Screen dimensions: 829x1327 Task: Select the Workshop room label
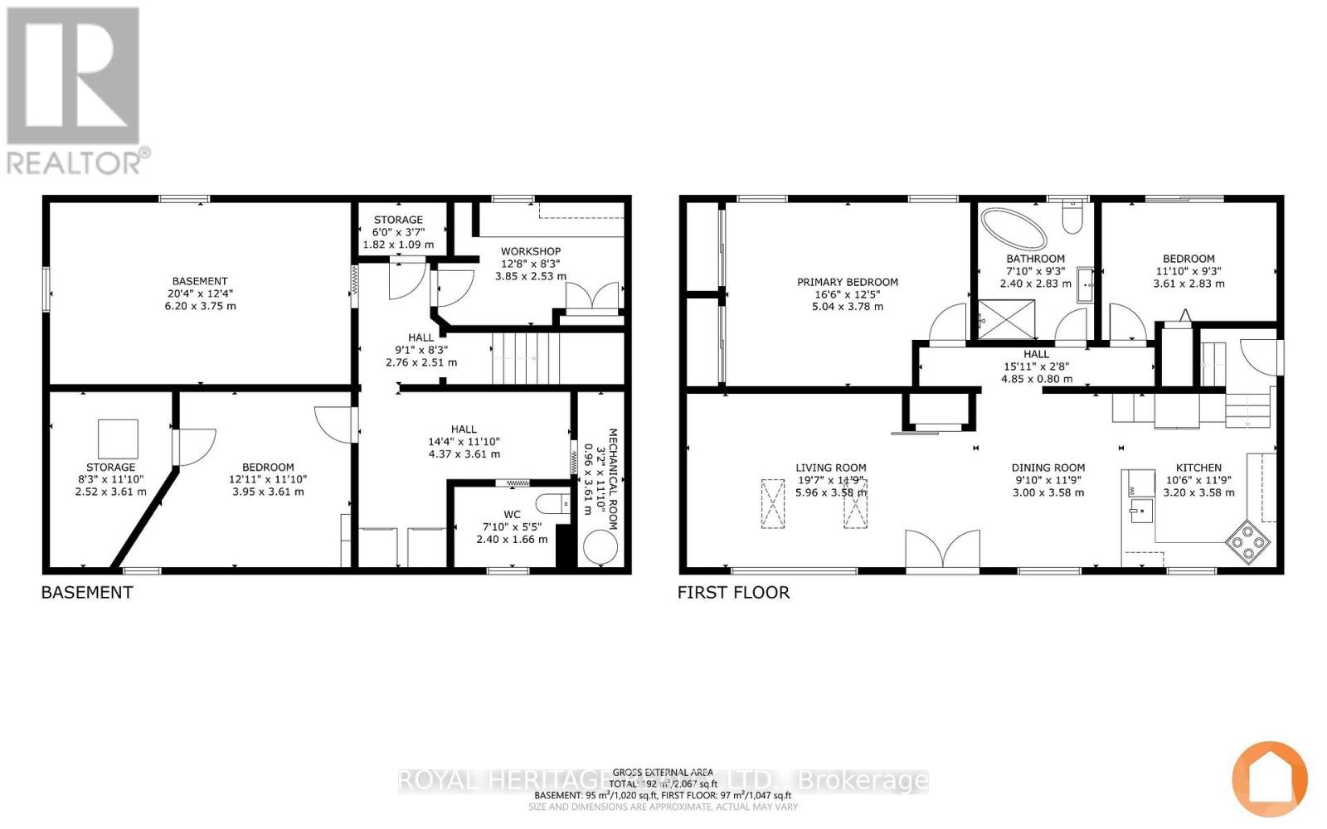(531, 251)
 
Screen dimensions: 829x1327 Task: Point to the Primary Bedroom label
(848, 282)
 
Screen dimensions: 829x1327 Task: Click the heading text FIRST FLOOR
(733, 592)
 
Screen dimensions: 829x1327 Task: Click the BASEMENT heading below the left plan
(87, 592)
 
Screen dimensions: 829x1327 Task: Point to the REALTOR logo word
(75, 161)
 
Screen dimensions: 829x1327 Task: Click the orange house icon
(1270, 778)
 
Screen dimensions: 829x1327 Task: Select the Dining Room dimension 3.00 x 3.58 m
(1048, 492)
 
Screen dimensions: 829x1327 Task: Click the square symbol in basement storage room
(118, 439)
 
